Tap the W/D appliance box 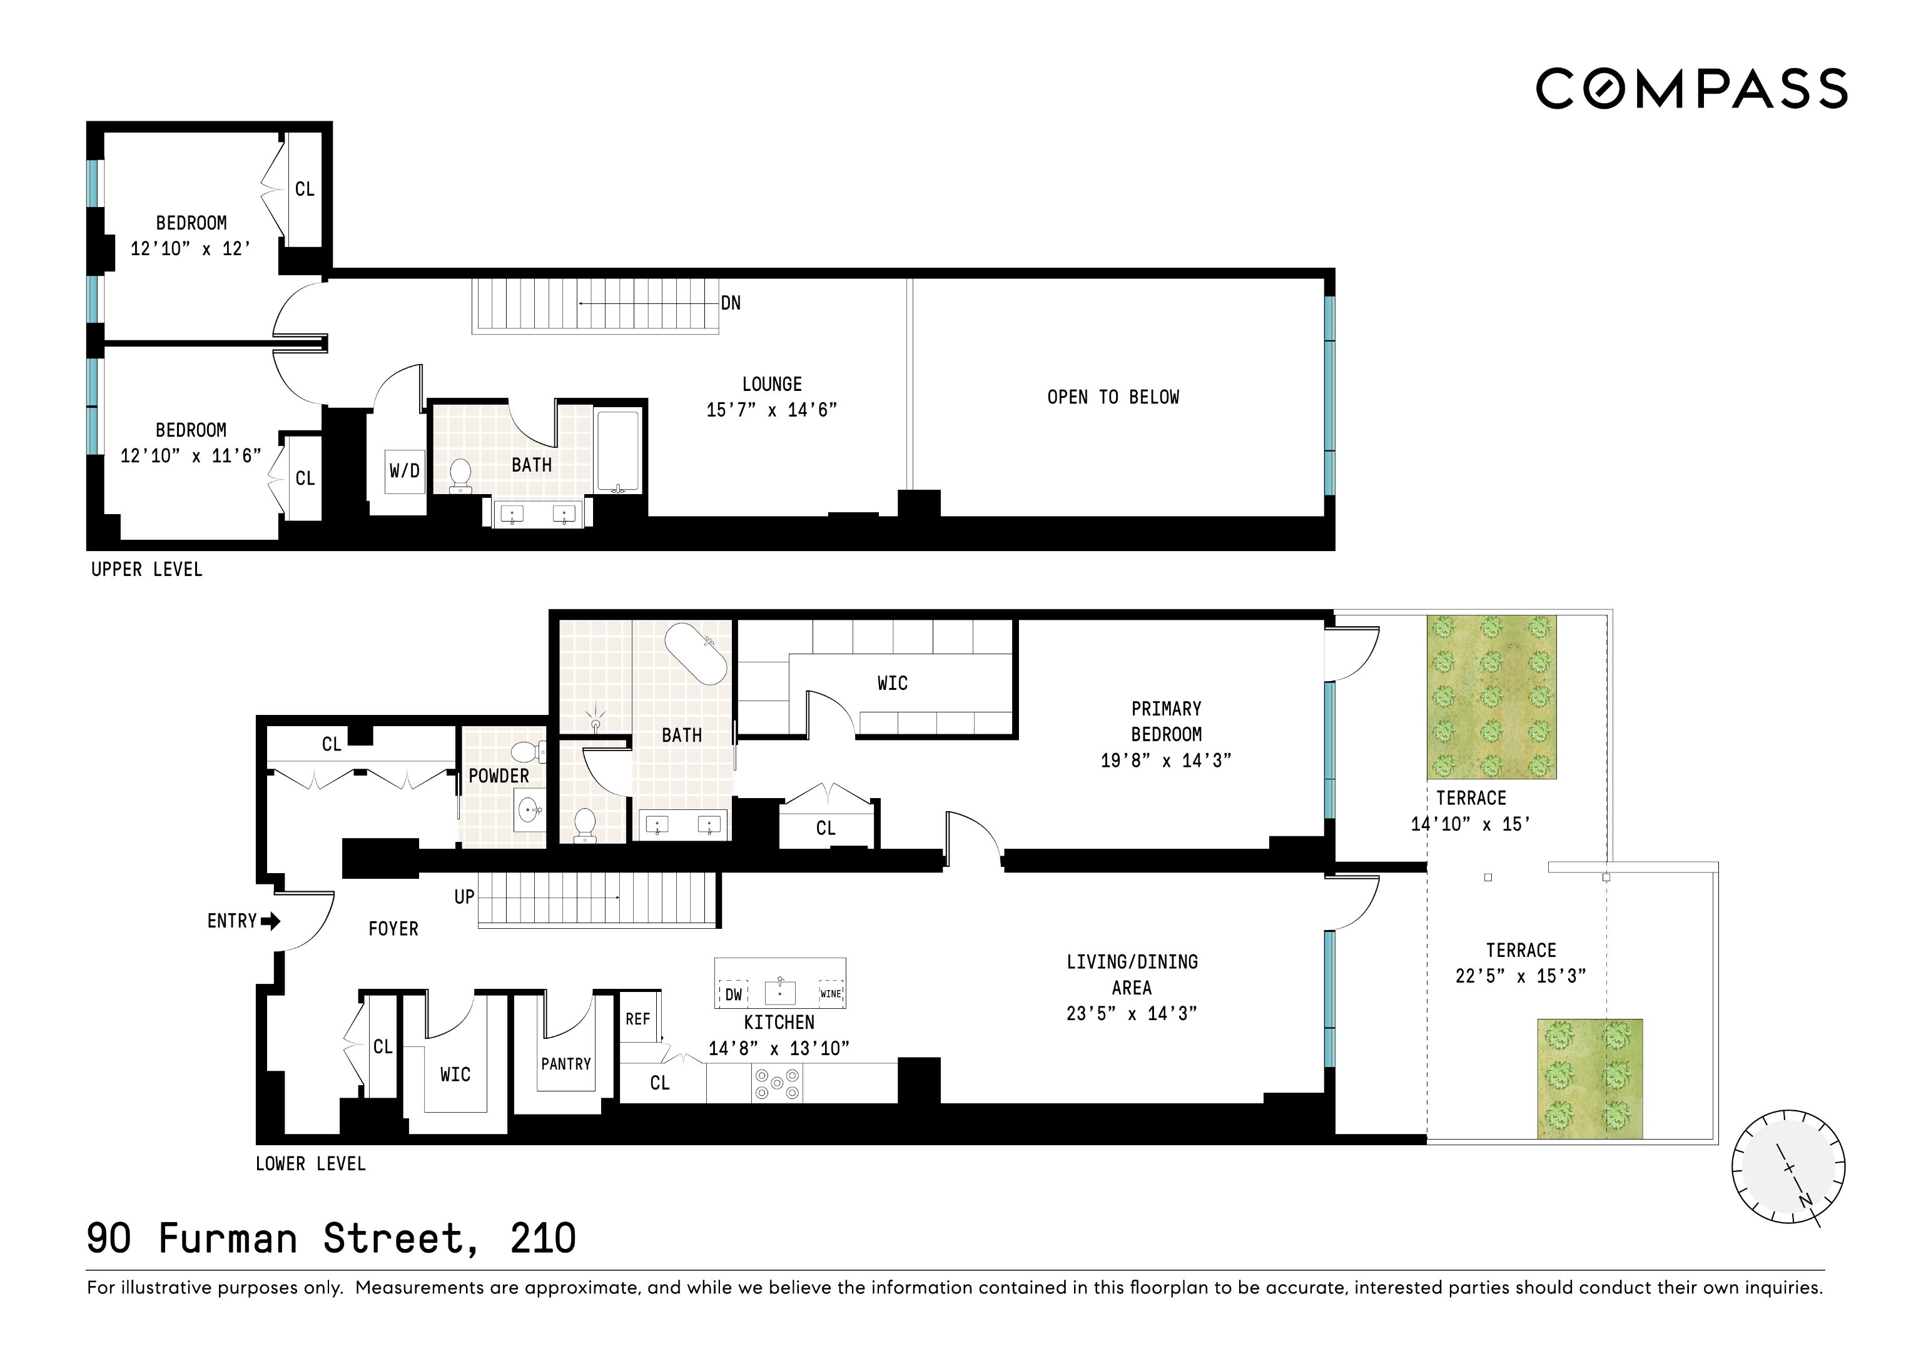coord(405,471)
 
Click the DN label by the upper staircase coord(731,303)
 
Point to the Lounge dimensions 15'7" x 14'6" coord(771,410)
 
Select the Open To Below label coord(1113,397)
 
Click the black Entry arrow coord(270,921)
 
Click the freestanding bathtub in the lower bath coord(696,654)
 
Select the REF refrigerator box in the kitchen coord(639,1019)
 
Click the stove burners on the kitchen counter coord(776,1083)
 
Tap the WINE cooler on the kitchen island coord(831,994)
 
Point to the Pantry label coord(566,1064)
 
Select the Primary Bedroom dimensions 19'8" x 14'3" coord(1165,761)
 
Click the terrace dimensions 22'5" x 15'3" coord(1521,976)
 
